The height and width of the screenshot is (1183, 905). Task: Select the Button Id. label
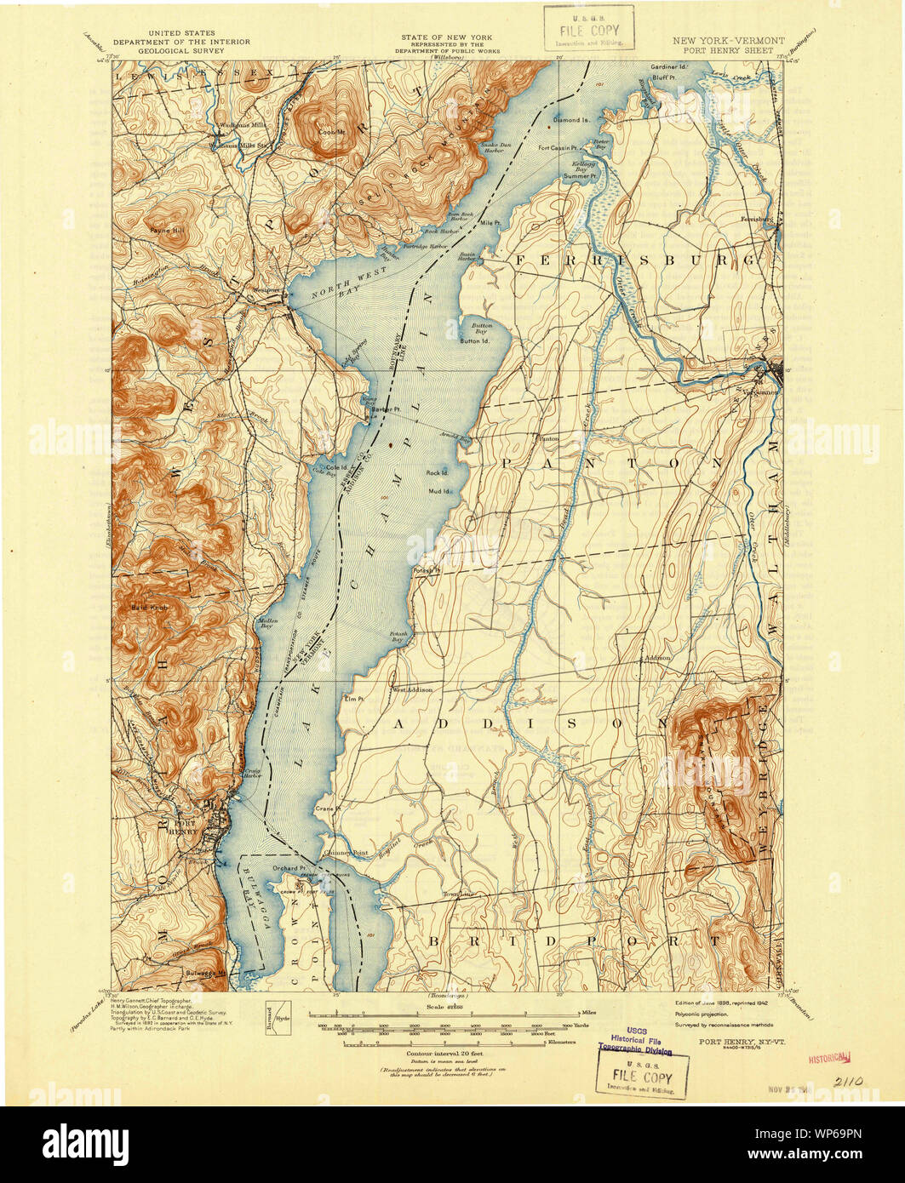[x=474, y=341]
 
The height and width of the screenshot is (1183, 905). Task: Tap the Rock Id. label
[x=438, y=472]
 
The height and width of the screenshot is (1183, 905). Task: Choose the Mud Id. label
[x=439, y=491]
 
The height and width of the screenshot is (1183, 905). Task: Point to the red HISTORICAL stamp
[x=830, y=1058]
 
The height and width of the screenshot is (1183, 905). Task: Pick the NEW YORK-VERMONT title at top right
[x=728, y=40]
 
